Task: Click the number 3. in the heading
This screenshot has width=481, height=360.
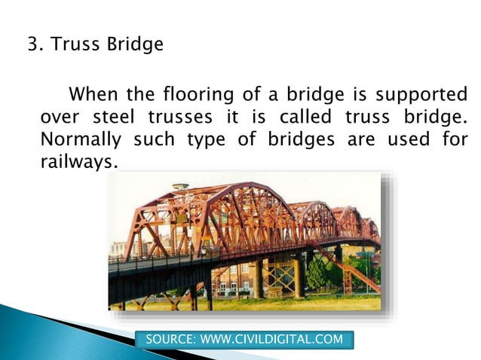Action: pyautogui.click(x=34, y=44)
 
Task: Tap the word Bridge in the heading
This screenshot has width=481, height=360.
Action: pyautogui.click(x=136, y=44)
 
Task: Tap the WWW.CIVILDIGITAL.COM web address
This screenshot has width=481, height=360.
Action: pyautogui.click(x=271, y=340)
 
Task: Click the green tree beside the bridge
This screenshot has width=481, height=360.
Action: pyautogui.click(x=320, y=271)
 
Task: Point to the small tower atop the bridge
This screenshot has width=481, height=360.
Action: pyautogui.click(x=180, y=188)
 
